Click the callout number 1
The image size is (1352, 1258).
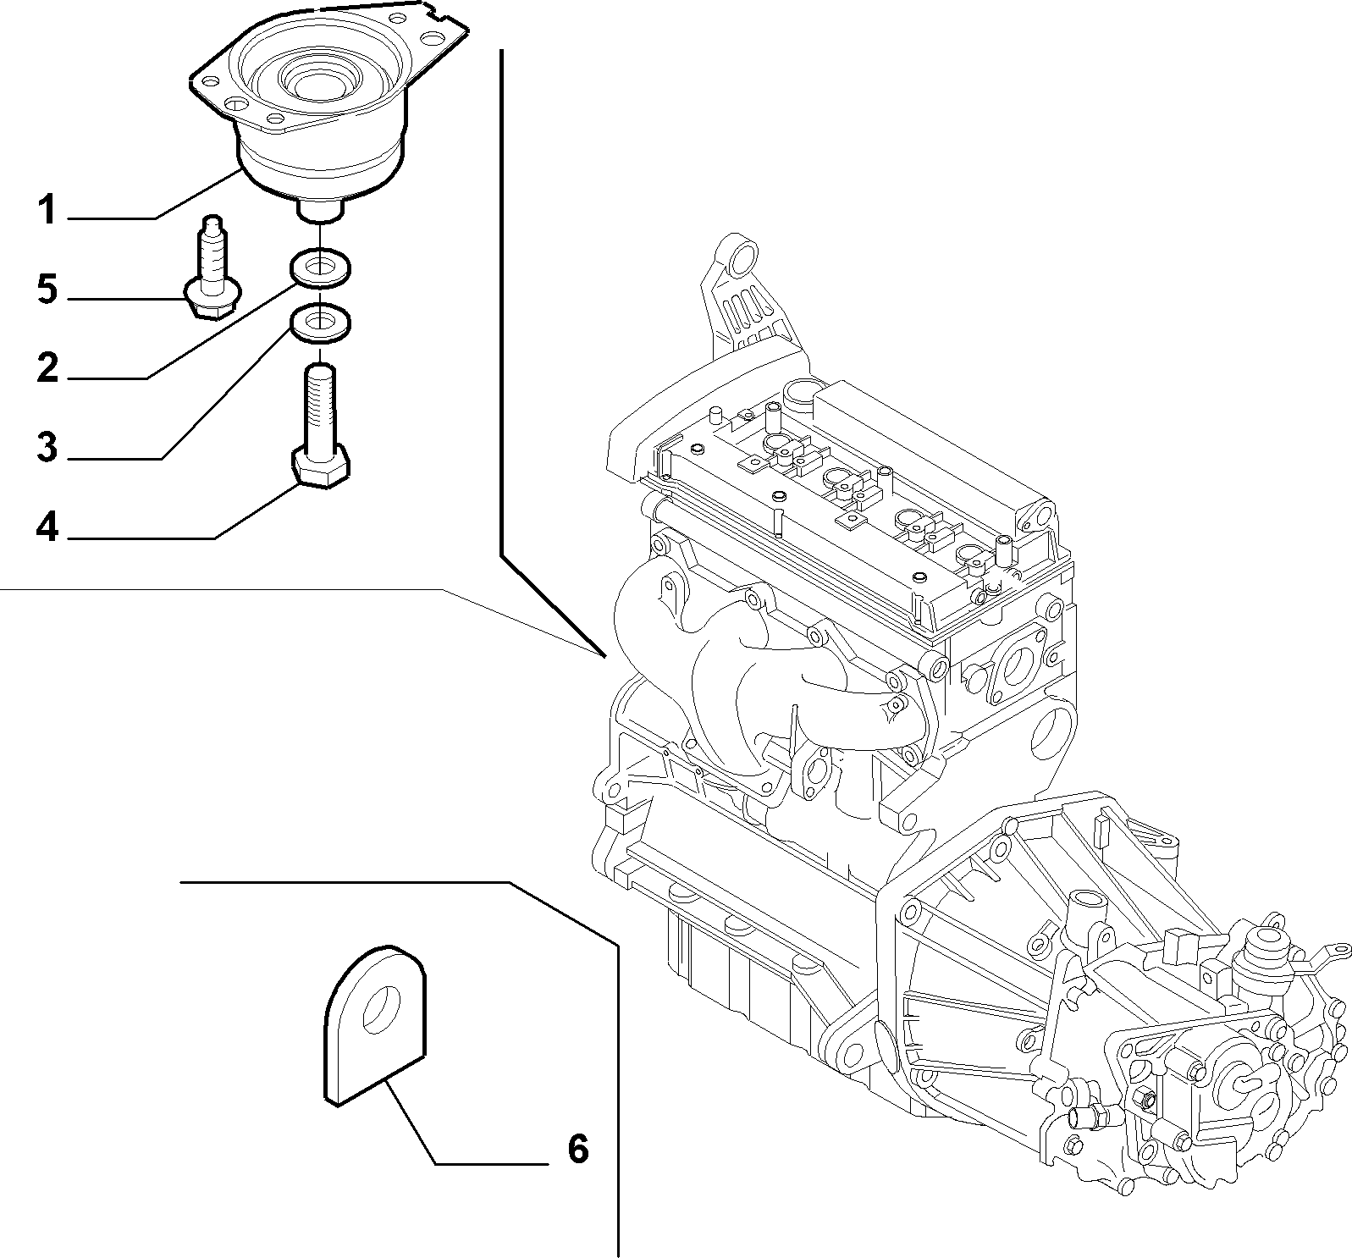(47, 209)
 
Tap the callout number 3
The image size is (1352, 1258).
(47, 446)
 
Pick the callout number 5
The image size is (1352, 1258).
(47, 290)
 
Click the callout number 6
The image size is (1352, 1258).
(577, 1149)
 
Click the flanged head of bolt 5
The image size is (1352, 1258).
(212, 301)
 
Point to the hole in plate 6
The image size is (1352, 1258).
(383, 1009)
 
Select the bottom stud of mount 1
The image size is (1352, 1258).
(321, 209)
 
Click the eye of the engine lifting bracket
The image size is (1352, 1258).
(743, 256)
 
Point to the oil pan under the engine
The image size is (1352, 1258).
(745, 948)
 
